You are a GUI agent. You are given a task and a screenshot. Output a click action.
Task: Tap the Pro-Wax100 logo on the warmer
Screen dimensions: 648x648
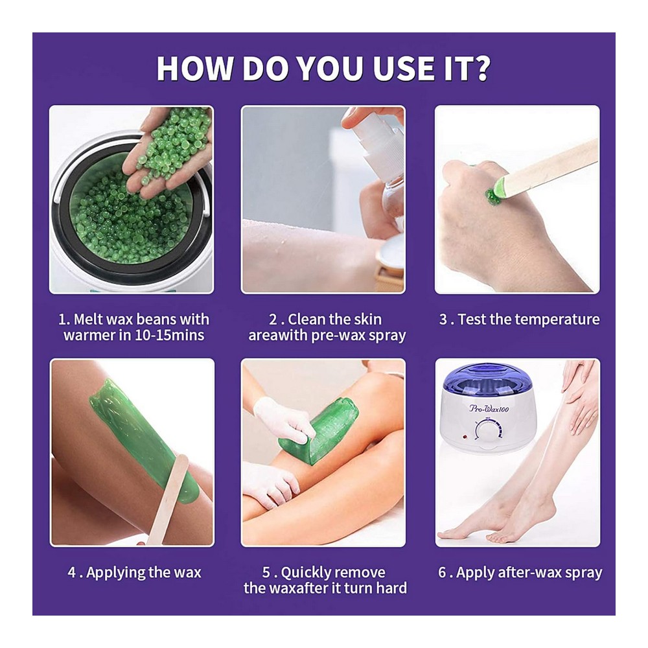coord(489,409)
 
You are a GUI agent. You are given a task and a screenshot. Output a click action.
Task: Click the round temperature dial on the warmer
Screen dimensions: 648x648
coord(489,431)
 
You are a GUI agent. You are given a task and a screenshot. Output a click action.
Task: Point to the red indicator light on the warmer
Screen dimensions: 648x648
coord(464,436)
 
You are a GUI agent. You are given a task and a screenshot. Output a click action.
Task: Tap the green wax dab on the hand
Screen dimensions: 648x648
coord(492,197)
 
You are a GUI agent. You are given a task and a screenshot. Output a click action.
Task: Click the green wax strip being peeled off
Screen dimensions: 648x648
coord(318,430)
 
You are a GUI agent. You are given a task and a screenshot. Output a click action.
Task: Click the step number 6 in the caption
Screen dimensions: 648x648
coord(442,573)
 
